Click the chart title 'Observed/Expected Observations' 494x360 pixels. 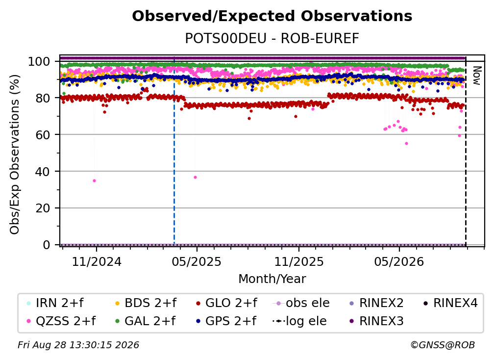(272, 16)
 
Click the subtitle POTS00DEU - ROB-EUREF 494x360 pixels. (272, 39)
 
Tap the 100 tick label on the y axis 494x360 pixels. (39, 61)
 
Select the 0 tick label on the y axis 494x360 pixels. (46, 245)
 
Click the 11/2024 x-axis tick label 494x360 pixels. (97, 262)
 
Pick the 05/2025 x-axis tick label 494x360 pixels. (197, 262)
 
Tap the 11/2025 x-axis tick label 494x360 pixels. (298, 262)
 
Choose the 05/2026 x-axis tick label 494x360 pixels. (399, 262)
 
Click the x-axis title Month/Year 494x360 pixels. (272, 279)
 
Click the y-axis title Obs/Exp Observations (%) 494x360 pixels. (15, 154)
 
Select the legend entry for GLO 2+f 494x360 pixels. (226, 303)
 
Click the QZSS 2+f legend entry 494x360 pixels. (61, 321)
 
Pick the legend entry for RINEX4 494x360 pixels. (450, 303)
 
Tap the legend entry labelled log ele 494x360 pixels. (299, 321)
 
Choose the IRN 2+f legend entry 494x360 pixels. (55, 303)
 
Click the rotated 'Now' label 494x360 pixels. (476, 76)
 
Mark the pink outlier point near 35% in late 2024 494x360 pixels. (94, 181)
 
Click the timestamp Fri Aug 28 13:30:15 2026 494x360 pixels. (78, 345)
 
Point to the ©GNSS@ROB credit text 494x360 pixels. (443, 345)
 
